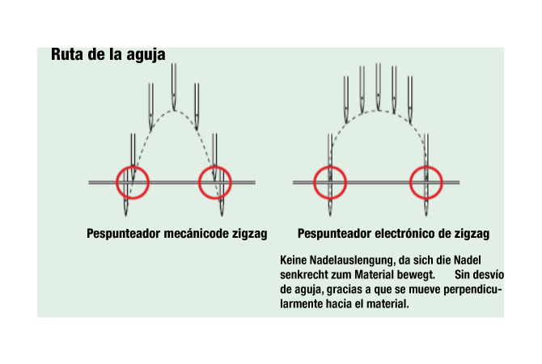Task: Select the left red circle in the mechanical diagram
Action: coord(133,167)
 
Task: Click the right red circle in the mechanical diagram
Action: coord(215,167)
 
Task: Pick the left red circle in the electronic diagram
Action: coord(330,167)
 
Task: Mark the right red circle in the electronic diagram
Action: coord(426,167)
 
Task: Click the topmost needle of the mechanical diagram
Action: coord(174,87)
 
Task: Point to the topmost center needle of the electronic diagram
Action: coord(379,87)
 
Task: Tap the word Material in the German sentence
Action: coord(375,275)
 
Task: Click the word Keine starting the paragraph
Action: coord(293,260)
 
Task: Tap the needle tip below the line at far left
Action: coord(125,212)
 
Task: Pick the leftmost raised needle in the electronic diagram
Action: coord(346,99)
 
